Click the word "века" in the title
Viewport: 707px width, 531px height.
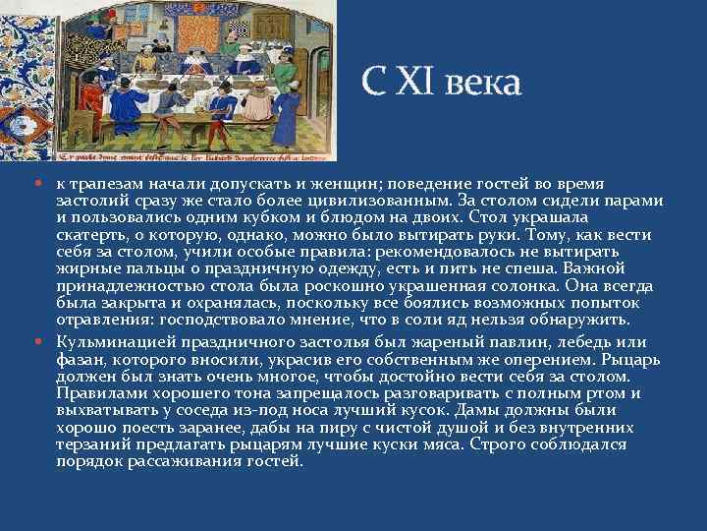(x=482, y=83)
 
